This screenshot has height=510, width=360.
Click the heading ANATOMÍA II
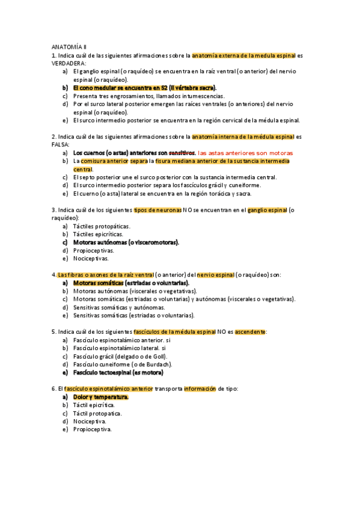[x=69, y=46]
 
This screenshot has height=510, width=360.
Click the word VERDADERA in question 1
[x=69, y=63]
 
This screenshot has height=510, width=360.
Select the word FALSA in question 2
[x=61, y=145]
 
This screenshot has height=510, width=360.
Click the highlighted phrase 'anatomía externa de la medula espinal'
[x=243, y=55]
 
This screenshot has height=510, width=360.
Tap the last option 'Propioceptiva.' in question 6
[x=93, y=429]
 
